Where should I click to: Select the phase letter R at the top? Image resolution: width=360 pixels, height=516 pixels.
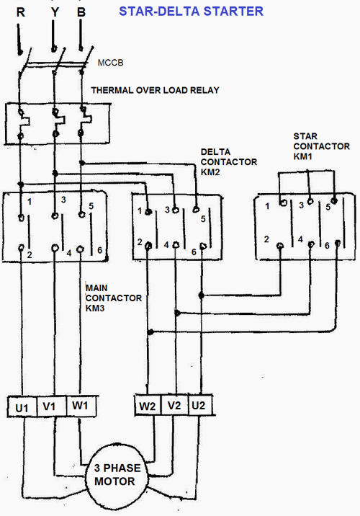(x=20, y=12)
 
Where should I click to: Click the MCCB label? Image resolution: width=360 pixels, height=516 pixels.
(x=111, y=64)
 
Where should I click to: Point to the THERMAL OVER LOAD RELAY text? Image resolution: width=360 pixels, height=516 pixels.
(x=155, y=90)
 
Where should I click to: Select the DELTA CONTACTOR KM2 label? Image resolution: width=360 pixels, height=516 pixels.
(x=228, y=162)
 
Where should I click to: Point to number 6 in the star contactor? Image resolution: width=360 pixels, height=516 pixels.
(x=326, y=246)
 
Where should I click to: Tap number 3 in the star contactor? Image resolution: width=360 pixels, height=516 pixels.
(x=300, y=206)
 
